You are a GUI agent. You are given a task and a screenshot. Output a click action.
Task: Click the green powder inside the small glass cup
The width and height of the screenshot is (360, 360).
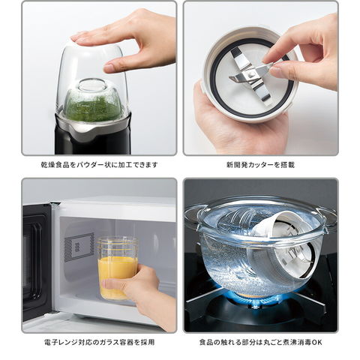tap(93, 106)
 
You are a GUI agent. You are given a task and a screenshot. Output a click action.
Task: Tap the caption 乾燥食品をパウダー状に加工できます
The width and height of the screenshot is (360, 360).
tap(100, 165)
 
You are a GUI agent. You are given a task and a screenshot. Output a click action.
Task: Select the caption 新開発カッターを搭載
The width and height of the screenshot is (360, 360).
tap(261, 165)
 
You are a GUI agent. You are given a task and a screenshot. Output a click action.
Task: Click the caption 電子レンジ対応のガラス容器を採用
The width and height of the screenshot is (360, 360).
tap(99, 342)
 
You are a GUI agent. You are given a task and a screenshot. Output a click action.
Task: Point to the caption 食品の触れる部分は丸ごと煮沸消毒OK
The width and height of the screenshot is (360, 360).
tap(261, 342)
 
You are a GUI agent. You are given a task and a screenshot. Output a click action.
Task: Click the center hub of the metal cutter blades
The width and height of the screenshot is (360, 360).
tap(250, 75)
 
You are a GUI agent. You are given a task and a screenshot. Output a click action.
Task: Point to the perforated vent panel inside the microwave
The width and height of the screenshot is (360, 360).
tap(79, 247)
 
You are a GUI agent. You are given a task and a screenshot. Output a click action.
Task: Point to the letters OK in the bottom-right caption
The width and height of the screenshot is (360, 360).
tap(317, 342)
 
